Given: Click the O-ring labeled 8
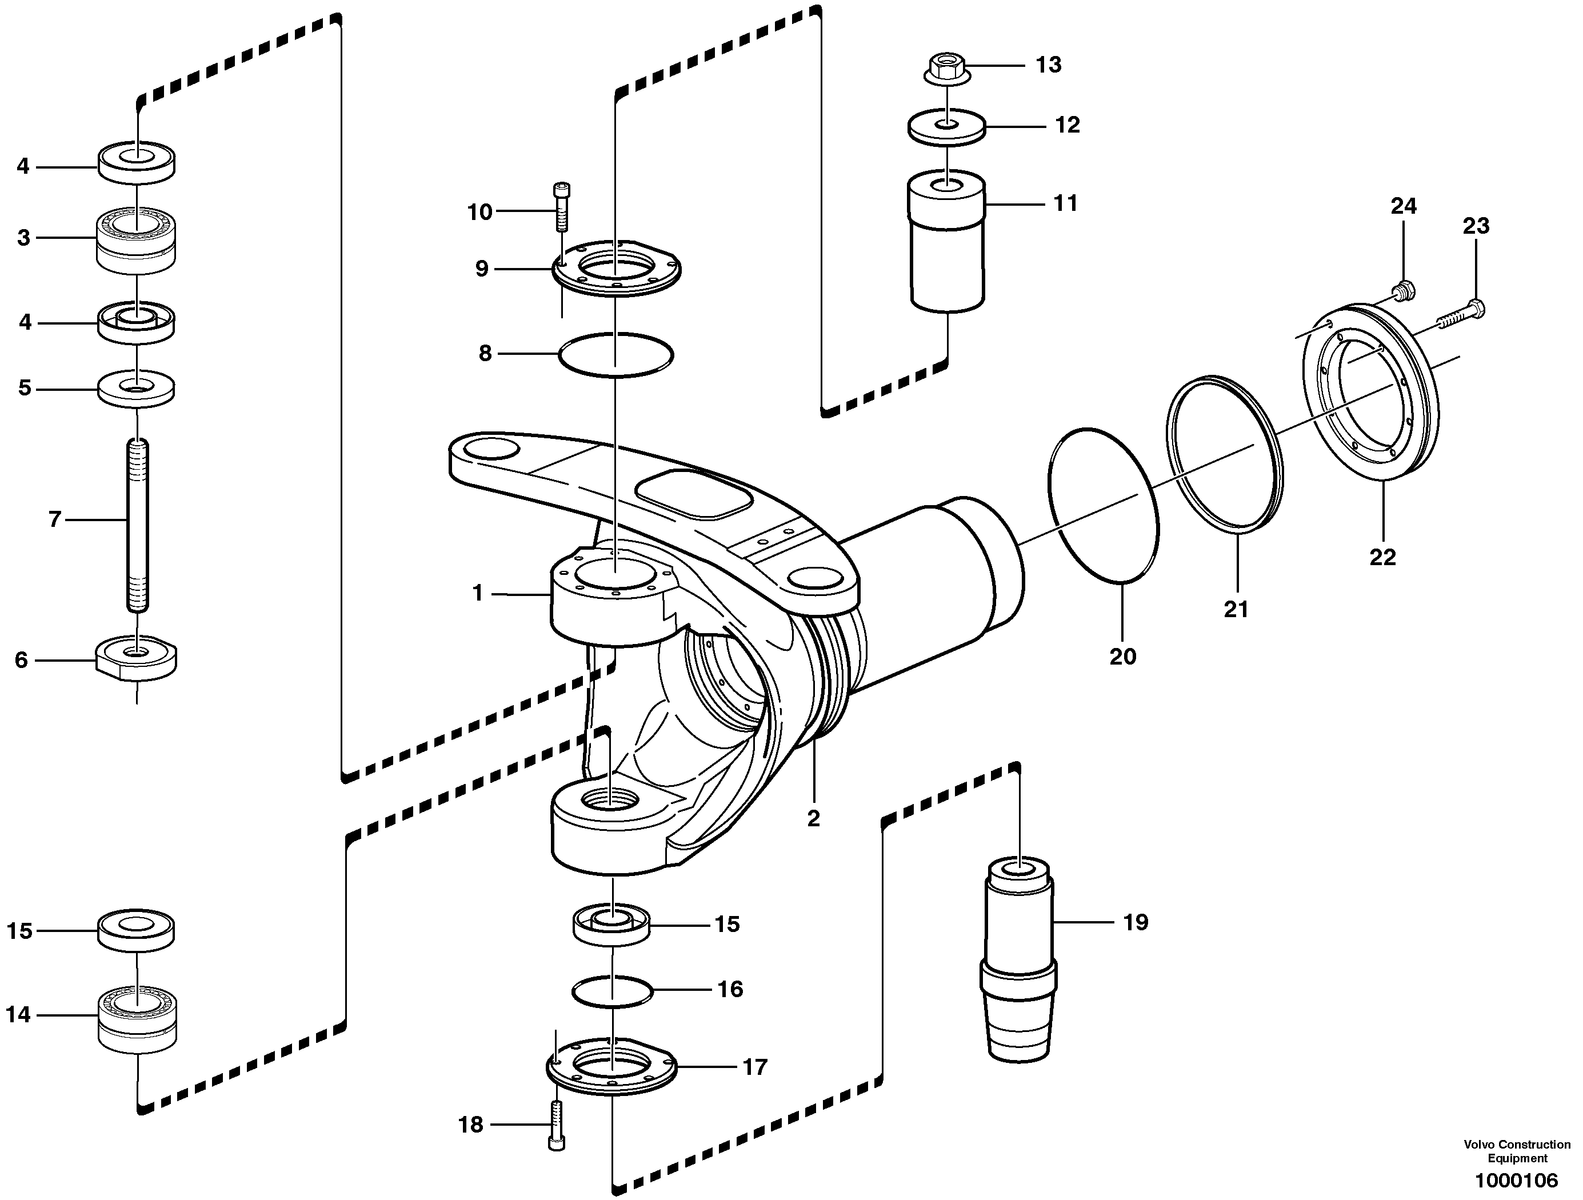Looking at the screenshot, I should pyautogui.click(x=615, y=354).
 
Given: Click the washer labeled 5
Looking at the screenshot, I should pyautogui.click(x=136, y=389).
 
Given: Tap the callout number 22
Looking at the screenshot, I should pyautogui.click(x=1382, y=557).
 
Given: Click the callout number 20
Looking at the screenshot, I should pyautogui.click(x=1122, y=656).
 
